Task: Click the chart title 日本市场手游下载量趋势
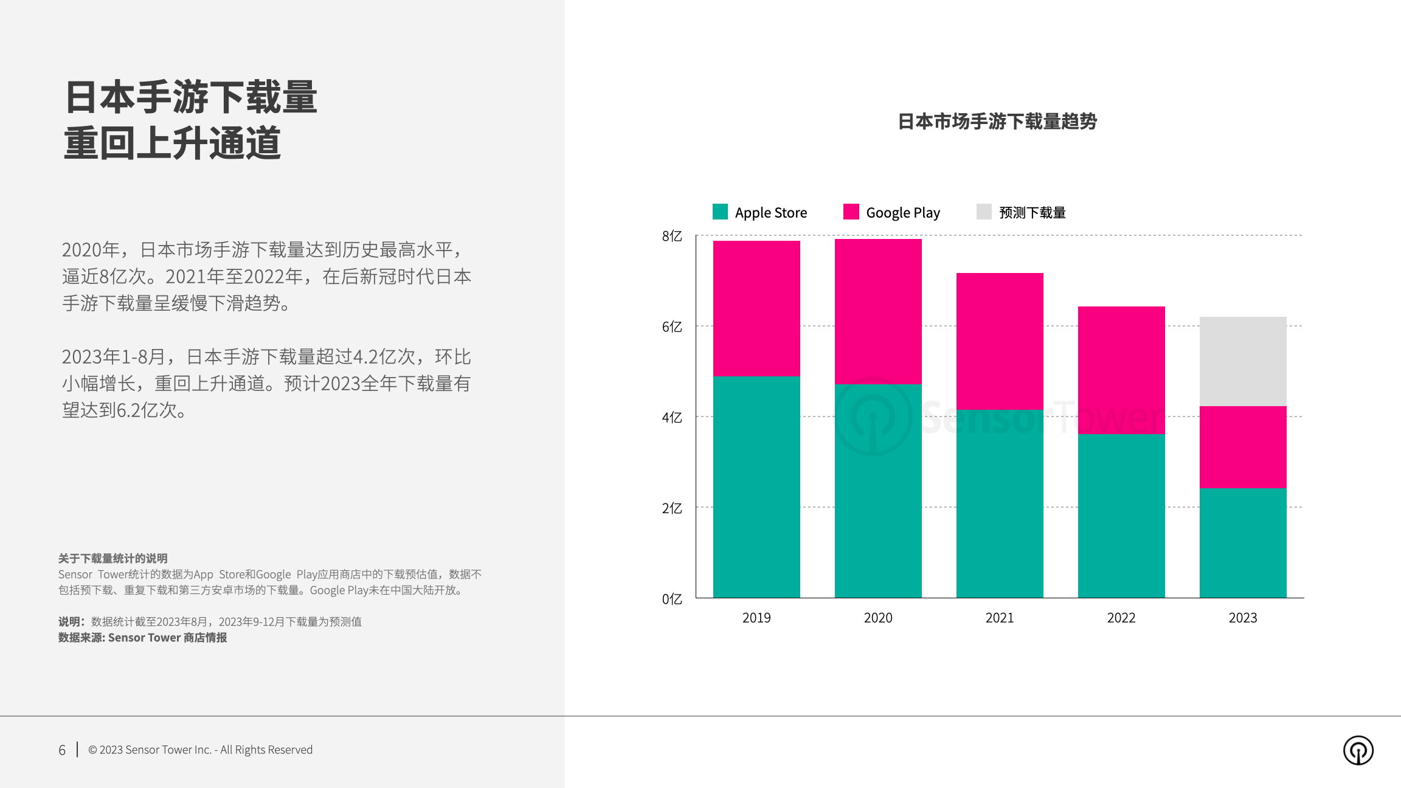(997, 122)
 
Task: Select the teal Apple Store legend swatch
(720, 212)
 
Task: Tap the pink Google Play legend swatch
(851, 212)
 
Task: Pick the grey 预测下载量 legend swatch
(984, 212)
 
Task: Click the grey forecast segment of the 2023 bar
(1243, 361)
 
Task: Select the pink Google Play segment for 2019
(756, 308)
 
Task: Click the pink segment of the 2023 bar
(1243, 447)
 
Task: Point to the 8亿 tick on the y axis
(672, 236)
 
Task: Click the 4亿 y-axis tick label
(672, 418)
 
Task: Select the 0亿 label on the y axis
(672, 599)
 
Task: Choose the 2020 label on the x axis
(878, 618)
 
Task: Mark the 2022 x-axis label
(1121, 618)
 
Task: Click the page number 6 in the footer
(62, 750)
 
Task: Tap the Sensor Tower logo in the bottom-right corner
(1358, 750)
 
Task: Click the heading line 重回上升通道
(173, 143)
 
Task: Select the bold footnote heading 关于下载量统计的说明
(113, 558)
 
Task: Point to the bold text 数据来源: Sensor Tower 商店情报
(143, 637)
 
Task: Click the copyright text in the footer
(201, 750)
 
